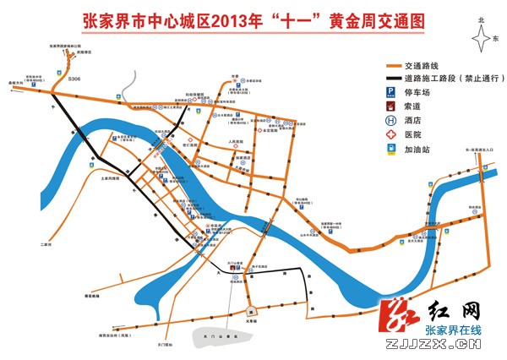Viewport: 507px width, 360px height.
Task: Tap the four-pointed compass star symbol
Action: click(482, 38)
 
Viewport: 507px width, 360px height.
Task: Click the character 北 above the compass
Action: click(482, 19)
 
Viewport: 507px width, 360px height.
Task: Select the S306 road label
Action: click(74, 78)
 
